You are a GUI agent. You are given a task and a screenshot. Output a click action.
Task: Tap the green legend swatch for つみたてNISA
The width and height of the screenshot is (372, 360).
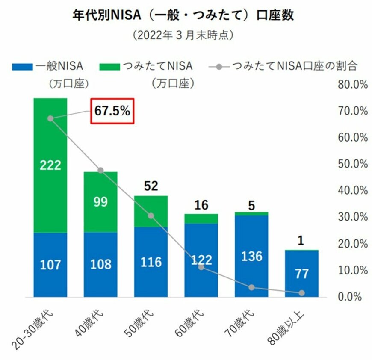pos(109,66)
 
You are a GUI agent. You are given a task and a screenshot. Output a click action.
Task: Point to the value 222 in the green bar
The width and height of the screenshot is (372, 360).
pos(50,165)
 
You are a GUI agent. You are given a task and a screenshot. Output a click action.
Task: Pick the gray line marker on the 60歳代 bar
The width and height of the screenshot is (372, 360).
pos(201,267)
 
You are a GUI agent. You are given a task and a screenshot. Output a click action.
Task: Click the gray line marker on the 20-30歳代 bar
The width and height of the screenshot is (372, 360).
pos(50,118)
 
